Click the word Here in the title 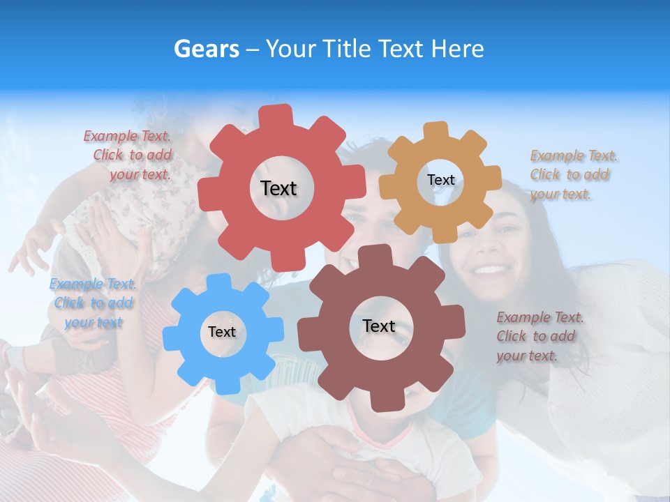point(457,49)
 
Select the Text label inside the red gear point(278,188)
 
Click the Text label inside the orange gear point(440,180)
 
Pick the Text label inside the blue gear point(222,332)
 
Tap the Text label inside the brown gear point(379,326)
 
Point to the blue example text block point(93,303)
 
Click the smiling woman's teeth point(491,269)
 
